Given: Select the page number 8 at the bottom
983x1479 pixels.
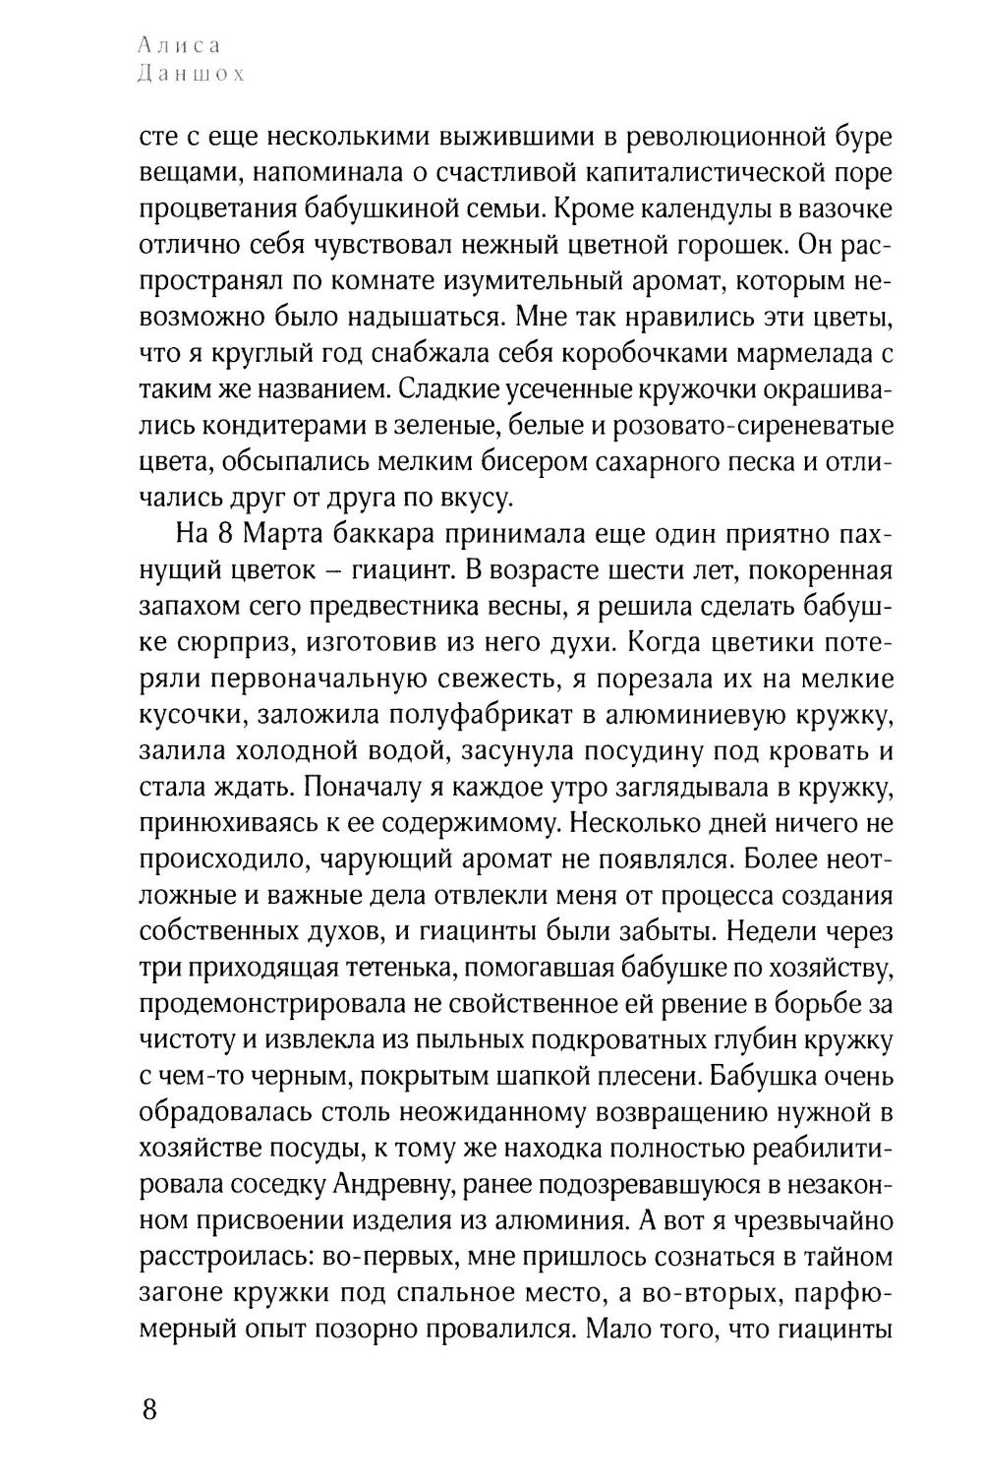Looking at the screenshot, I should tap(149, 1409).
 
